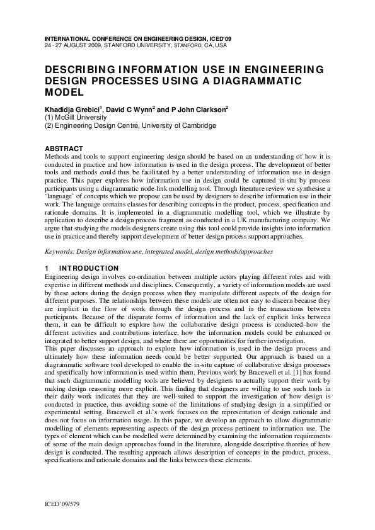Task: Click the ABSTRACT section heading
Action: point(65,149)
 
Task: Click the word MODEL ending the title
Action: point(64,92)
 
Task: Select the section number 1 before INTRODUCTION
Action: point(47,268)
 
